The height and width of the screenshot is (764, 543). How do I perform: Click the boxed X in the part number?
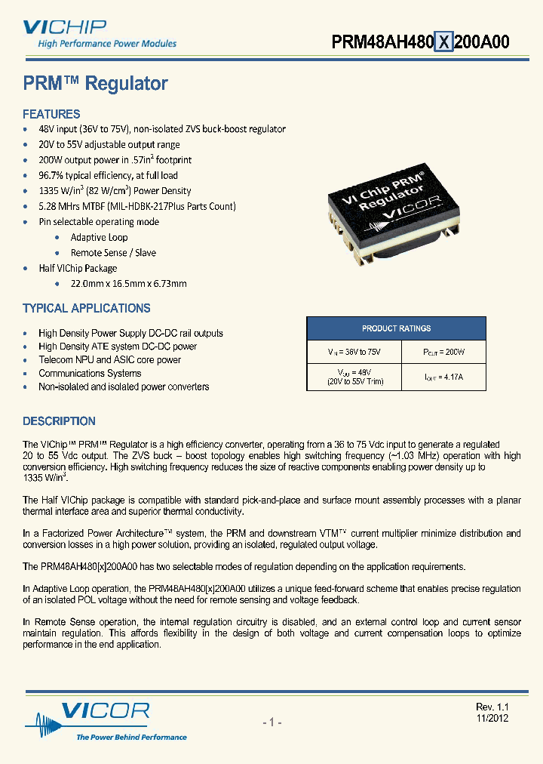pyautogui.click(x=445, y=43)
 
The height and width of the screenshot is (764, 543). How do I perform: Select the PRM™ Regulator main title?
pyautogui.click(x=95, y=84)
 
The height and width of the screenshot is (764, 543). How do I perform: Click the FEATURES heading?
pyautogui.click(x=51, y=115)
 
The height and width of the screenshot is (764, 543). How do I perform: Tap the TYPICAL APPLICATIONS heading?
pyautogui.click(x=87, y=308)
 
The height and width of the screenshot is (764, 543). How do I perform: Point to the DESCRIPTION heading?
pyautogui.click(x=59, y=421)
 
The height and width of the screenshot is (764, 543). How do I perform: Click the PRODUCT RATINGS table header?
pyautogui.click(x=396, y=328)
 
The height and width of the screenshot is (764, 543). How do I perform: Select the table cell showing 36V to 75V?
pyautogui.click(x=351, y=353)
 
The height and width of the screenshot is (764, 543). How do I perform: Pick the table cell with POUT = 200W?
pyautogui.click(x=440, y=353)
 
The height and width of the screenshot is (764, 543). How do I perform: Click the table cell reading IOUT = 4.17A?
pyautogui.click(x=440, y=377)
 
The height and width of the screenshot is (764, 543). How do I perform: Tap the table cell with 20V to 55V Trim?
pyautogui.click(x=351, y=377)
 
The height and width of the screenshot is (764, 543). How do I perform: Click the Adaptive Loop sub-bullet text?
pyautogui.click(x=99, y=237)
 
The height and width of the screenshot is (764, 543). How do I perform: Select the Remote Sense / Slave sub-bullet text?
pyautogui.click(x=113, y=253)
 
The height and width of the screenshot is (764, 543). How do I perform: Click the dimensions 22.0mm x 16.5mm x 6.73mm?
pyautogui.click(x=128, y=284)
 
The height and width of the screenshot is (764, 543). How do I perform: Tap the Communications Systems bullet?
pyautogui.click(x=90, y=373)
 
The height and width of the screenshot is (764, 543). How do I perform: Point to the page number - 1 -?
pyautogui.click(x=271, y=722)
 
